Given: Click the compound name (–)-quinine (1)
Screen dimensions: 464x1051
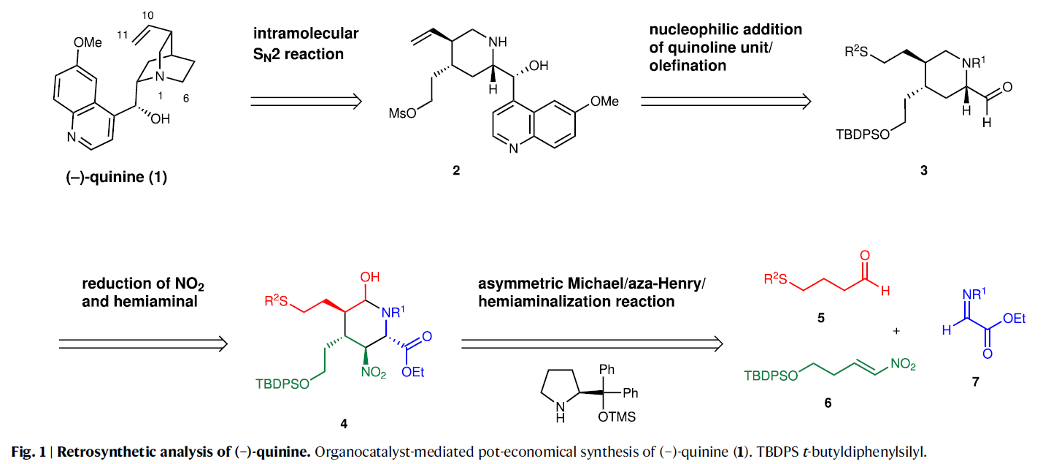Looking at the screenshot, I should tap(113, 177).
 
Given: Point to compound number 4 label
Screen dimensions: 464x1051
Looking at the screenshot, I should tap(344, 422).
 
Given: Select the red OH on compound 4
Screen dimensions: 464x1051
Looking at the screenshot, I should tap(371, 278).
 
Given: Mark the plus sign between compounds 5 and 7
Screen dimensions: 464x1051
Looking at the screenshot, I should tap(897, 330).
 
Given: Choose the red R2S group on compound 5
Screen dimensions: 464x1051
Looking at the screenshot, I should tap(776, 278).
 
